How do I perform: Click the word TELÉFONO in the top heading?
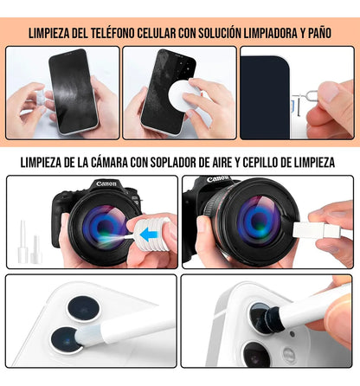point(123,34)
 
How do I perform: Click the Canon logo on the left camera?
point(106,184)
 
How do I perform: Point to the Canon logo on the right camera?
point(219,180)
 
